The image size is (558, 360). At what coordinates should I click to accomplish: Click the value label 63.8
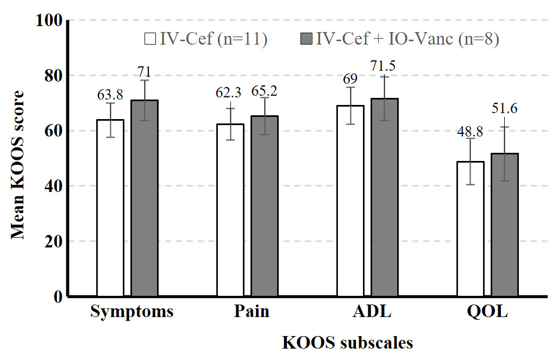[110, 95]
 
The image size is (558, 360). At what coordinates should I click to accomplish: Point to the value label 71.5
[384, 66]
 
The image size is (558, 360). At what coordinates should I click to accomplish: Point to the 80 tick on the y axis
[53, 76]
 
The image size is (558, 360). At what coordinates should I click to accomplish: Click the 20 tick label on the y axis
[53, 241]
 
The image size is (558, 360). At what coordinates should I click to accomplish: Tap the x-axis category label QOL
[487, 313]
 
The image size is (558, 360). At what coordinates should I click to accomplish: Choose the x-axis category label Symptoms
[132, 313]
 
